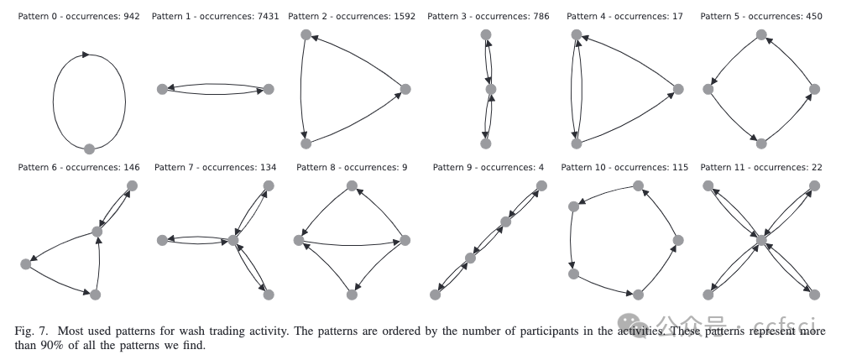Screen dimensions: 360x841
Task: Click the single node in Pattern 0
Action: [90, 149]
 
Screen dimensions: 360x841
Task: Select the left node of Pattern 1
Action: [162, 90]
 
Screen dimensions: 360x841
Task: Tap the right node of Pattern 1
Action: [269, 89]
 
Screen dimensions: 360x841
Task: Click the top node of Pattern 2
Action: [306, 35]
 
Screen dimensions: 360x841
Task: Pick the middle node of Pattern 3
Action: [491, 89]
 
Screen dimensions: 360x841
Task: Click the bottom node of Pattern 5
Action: [760, 143]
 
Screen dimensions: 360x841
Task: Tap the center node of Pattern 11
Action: [761, 240]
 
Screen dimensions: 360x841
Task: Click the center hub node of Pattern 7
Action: [232, 241]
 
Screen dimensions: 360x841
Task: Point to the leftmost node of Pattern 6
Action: [25, 263]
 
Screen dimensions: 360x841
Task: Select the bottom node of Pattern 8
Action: [352, 294]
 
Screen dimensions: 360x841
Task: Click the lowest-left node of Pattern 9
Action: [435, 294]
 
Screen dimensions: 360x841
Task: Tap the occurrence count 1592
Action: [403, 16]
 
